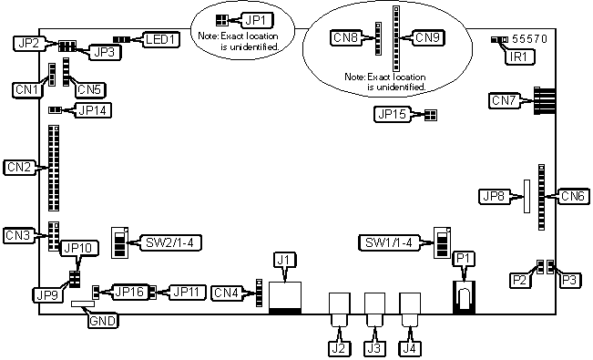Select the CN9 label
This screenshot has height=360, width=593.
pyautogui.click(x=427, y=38)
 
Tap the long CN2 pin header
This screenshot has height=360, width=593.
pyautogui.click(x=54, y=168)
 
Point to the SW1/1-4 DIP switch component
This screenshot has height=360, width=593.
pyautogui.click(x=442, y=242)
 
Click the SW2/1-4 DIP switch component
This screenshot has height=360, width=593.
pyautogui.click(x=119, y=242)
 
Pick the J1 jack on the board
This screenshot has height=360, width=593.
pyautogui.click(x=285, y=298)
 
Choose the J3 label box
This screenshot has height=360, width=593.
pyautogui.click(x=374, y=349)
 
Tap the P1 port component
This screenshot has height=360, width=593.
pyautogui.click(x=464, y=297)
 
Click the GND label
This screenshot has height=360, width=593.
pyautogui.click(x=103, y=321)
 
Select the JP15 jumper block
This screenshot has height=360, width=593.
pyautogui.click(x=430, y=115)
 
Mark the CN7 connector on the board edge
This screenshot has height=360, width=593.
pyautogui.click(x=545, y=100)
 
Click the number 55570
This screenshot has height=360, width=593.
pyautogui.click(x=529, y=39)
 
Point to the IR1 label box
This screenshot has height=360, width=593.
pyautogui.click(x=518, y=57)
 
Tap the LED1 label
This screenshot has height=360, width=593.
pyautogui.click(x=162, y=39)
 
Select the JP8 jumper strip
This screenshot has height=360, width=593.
pyautogui.click(x=527, y=196)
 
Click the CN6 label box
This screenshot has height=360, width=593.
pyautogui.click(x=573, y=196)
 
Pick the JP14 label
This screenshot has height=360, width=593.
pyautogui.click(x=92, y=110)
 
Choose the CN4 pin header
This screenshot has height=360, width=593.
pyautogui.click(x=259, y=293)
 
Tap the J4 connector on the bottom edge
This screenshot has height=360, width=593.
pyautogui.click(x=410, y=310)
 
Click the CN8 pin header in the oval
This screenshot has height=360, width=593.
pyautogui.click(x=378, y=38)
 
